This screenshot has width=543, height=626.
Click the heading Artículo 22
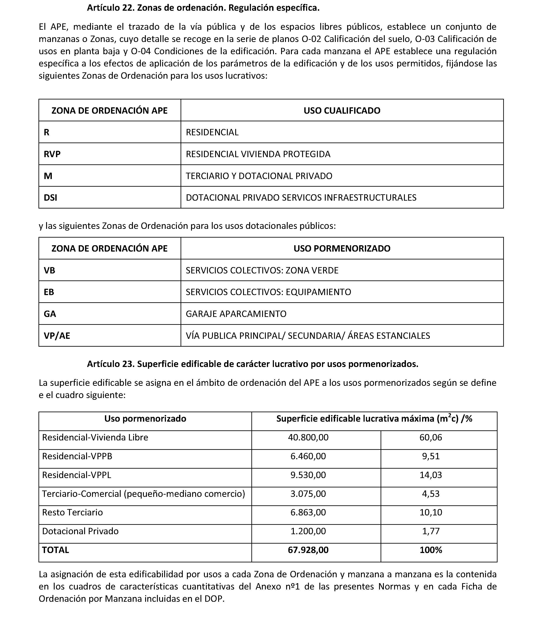pyautogui.click(x=203, y=8)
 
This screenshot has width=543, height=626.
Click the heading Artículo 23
pyautogui.click(x=252, y=364)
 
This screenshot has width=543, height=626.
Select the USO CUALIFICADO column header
pyautogui.click(x=342, y=110)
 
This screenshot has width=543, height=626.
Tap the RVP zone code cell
pyautogui.click(x=52, y=154)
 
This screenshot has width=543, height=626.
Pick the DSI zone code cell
pyautogui.click(x=50, y=198)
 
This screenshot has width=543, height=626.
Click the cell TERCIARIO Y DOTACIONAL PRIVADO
pyautogui.click(x=259, y=176)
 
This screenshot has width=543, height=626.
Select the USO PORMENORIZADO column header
pyautogui.click(x=342, y=249)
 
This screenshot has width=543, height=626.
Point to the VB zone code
pyautogui.click(x=49, y=270)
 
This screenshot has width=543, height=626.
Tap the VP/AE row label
pyautogui.click(x=57, y=336)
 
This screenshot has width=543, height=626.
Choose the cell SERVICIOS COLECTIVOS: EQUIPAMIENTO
pyautogui.click(x=268, y=292)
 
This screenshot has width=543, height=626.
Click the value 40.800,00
pyautogui.click(x=308, y=437)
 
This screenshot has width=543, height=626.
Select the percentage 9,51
pyautogui.click(x=431, y=456)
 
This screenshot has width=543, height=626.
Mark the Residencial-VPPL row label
pyautogui.click(x=77, y=475)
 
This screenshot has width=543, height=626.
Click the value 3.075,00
pyautogui.click(x=308, y=494)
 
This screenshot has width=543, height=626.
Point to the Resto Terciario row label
pyautogui.click(x=72, y=512)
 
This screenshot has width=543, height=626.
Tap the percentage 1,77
pyautogui.click(x=431, y=531)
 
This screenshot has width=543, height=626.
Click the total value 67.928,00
pyautogui.click(x=308, y=550)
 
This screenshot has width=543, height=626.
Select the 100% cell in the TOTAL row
pyautogui.click(x=431, y=550)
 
